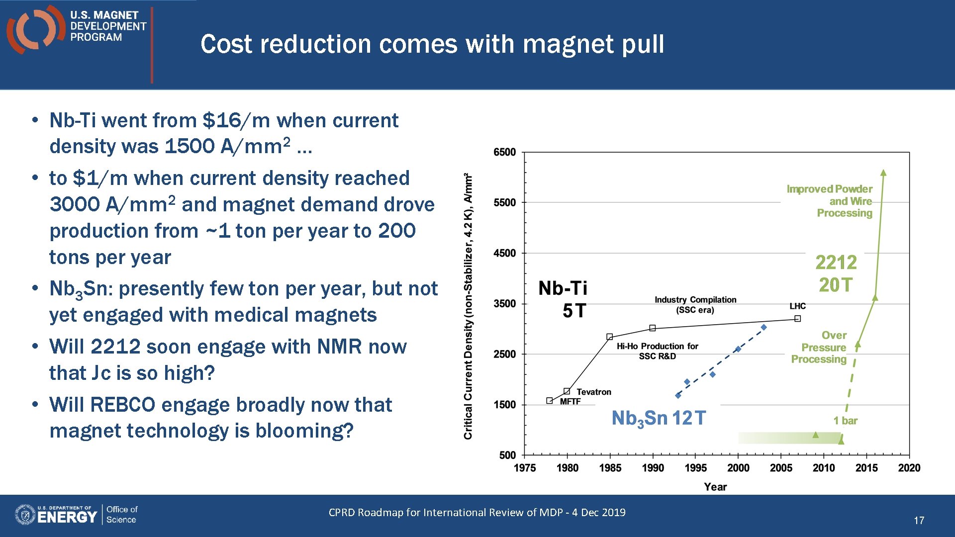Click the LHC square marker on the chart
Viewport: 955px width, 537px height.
point(797,319)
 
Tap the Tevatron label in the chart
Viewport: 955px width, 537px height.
point(593,392)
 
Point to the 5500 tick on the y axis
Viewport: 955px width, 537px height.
point(504,202)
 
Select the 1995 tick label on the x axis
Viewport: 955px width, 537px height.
point(695,468)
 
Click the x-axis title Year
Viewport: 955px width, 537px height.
point(715,487)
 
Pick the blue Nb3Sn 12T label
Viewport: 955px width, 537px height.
point(658,418)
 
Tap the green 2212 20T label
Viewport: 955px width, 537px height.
point(836,273)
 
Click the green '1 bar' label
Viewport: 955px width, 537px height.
point(845,421)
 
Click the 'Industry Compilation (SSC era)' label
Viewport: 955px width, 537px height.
point(695,304)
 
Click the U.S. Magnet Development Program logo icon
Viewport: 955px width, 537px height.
point(35,29)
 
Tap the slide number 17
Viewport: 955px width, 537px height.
point(919,520)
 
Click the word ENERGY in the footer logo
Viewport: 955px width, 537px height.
point(67,517)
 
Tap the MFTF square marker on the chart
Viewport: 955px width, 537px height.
point(550,401)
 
